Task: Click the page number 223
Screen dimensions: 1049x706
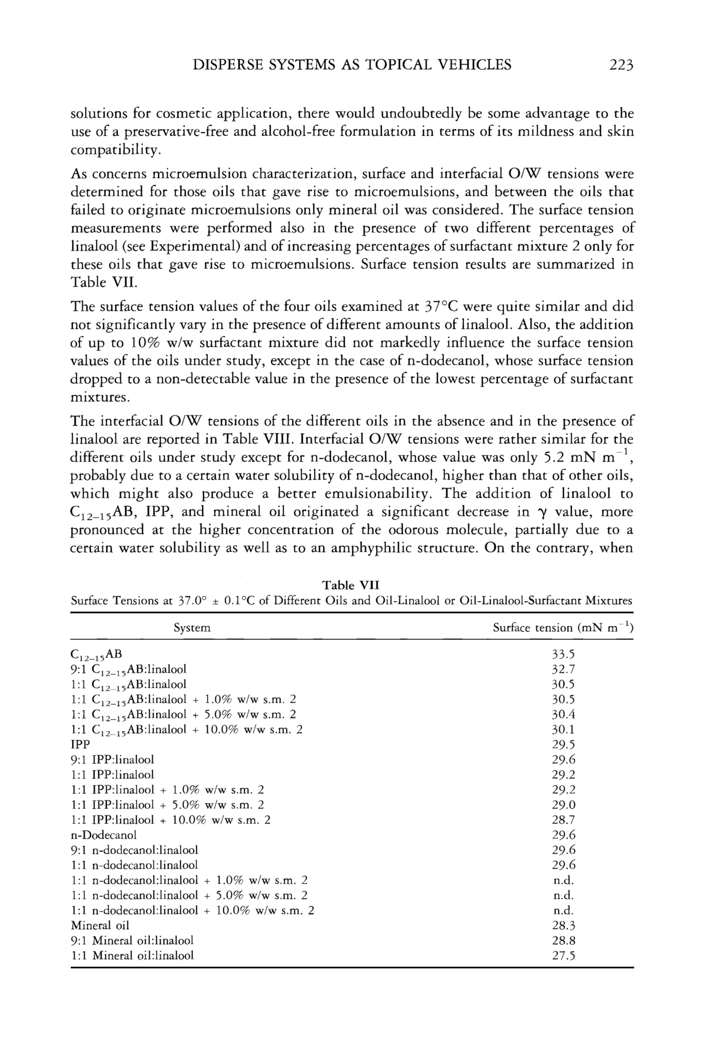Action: click(x=621, y=65)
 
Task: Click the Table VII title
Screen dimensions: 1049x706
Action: click(x=351, y=585)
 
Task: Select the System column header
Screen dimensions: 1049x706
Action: click(x=192, y=628)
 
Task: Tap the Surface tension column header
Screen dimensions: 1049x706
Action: click(x=563, y=628)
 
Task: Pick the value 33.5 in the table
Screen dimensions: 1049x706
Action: click(x=564, y=654)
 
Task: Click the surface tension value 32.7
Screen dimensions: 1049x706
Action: click(x=564, y=669)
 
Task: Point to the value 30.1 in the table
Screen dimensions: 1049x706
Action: click(x=564, y=729)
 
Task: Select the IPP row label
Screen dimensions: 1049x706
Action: click(x=81, y=744)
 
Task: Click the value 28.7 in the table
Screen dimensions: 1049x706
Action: click(x=564, y=819)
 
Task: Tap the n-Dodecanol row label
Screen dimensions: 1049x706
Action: click(x=104, y=834)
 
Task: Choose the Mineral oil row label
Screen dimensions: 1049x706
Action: click(x=100, y=925)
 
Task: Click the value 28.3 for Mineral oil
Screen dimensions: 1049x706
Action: click(x=564, y=925)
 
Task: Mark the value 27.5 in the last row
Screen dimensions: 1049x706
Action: click(x=564, y=955)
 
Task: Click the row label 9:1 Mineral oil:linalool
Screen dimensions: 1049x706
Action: click(x=132, y=940)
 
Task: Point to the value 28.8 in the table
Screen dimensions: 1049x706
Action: click(x=564, y=940)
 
